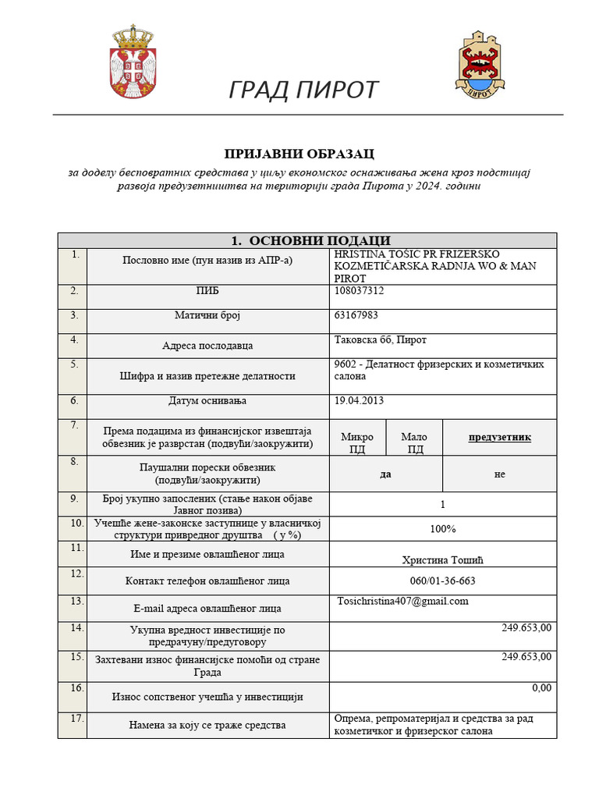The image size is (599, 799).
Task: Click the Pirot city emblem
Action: pyautogui.click(x=477, y=65)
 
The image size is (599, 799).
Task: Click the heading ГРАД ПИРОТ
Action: pyautogui.click(x=303, y=91)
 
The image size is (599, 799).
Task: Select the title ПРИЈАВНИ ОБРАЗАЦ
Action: pyautogui.click(x=299, y=154)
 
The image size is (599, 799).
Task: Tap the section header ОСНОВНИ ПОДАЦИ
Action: pyautogui.click(x=310, y=240)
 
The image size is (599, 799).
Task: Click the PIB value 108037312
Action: pyautogui.click(x=359, y=291)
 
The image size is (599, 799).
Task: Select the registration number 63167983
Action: pyautogui.click(x=356, y=315)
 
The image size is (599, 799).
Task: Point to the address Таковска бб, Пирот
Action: pyautogui.click(x=381, y=340)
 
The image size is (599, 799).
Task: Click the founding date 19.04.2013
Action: pyautogui.click(x=359, y=401)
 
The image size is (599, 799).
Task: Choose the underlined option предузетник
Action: pyautogui.click(x=499, y=437)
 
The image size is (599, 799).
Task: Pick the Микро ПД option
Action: pyautogui.click(x=358, y=442)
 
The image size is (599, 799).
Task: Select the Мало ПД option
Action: pyautogui.click(x=415, y=442)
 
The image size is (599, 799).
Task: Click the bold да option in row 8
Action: pyautogui.click(x=385, y=474)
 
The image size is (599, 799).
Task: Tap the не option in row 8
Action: pyautogui.click(x=499, y=474)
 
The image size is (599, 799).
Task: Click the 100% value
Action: pyautogui.click(x=443, y=529)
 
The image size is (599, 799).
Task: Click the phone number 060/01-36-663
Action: pyautogui.click(x=443, y=581)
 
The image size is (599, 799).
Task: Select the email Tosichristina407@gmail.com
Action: pyautogui.click(x=403, y=601)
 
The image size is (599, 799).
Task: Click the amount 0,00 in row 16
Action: pyautogui.click(x=541, y=687)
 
